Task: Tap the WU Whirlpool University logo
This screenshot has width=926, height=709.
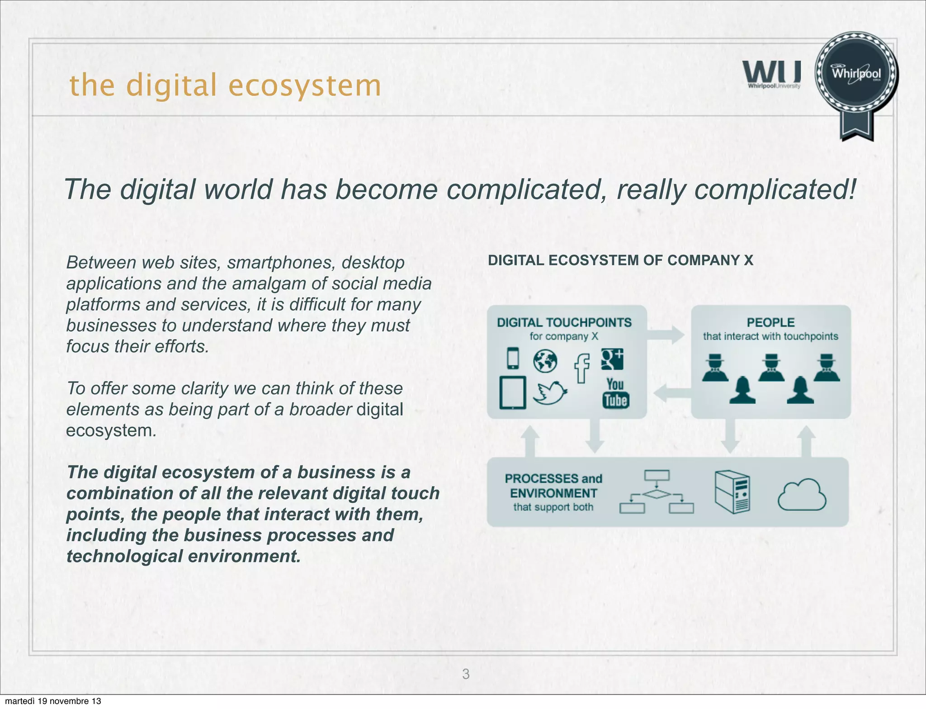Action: coord(772,75)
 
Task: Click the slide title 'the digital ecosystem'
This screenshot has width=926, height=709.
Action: coord(225,85)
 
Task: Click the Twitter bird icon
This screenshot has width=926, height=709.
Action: coord(550,392)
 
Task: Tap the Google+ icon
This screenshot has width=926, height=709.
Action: coord(612,359)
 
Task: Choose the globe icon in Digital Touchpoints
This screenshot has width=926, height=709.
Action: coord(545,361)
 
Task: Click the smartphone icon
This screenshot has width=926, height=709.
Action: coord(513,358)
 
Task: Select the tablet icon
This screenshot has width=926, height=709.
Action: coord(513,392)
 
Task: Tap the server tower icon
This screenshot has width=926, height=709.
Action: coord(732,492)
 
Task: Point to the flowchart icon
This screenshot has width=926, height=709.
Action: coord(657,492)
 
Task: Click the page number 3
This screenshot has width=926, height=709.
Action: coord(466,674)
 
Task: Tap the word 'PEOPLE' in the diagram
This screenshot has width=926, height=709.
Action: coord(770,322)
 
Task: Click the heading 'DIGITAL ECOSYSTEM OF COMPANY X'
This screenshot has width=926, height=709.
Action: coord(620,260)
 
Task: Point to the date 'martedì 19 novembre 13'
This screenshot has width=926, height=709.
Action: coord(53,701)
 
